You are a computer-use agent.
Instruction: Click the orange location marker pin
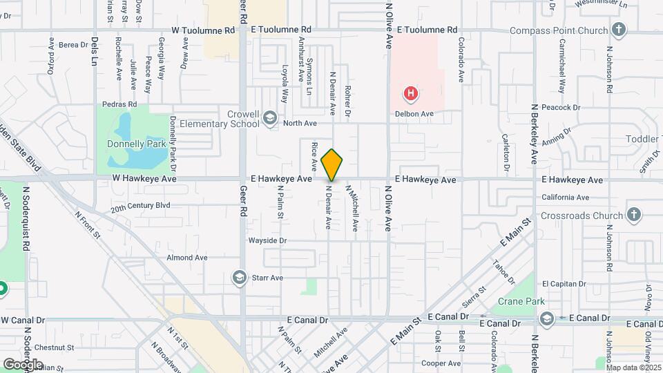pyautogui.click(x=332, y=164)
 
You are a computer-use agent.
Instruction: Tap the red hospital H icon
pyautogui.click(x=411, y=93)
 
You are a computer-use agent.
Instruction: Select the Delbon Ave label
pyautogui.click(x=414, y=113)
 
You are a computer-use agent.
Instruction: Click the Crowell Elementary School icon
pyautogui.click(x=269, y=119)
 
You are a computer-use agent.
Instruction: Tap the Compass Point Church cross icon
pyautogui.click(x=618, y=30)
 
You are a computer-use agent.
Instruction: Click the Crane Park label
pyautogui.click(x=521, y=301)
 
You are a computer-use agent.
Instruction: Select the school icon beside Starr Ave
pyautogui.click(x=239, y=278)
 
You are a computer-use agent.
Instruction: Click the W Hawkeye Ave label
pyautogui.click(x=145, y=178)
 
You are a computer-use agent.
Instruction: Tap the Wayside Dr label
pyautogui.click(x=268, y=240)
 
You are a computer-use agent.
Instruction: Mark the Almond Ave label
pyautogui.click(x=186, y=258)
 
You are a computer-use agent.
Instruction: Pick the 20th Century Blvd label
pyautogui.click(x=140, y=206)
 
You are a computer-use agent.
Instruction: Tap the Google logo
pyautogui.click(x=23, y=364)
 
